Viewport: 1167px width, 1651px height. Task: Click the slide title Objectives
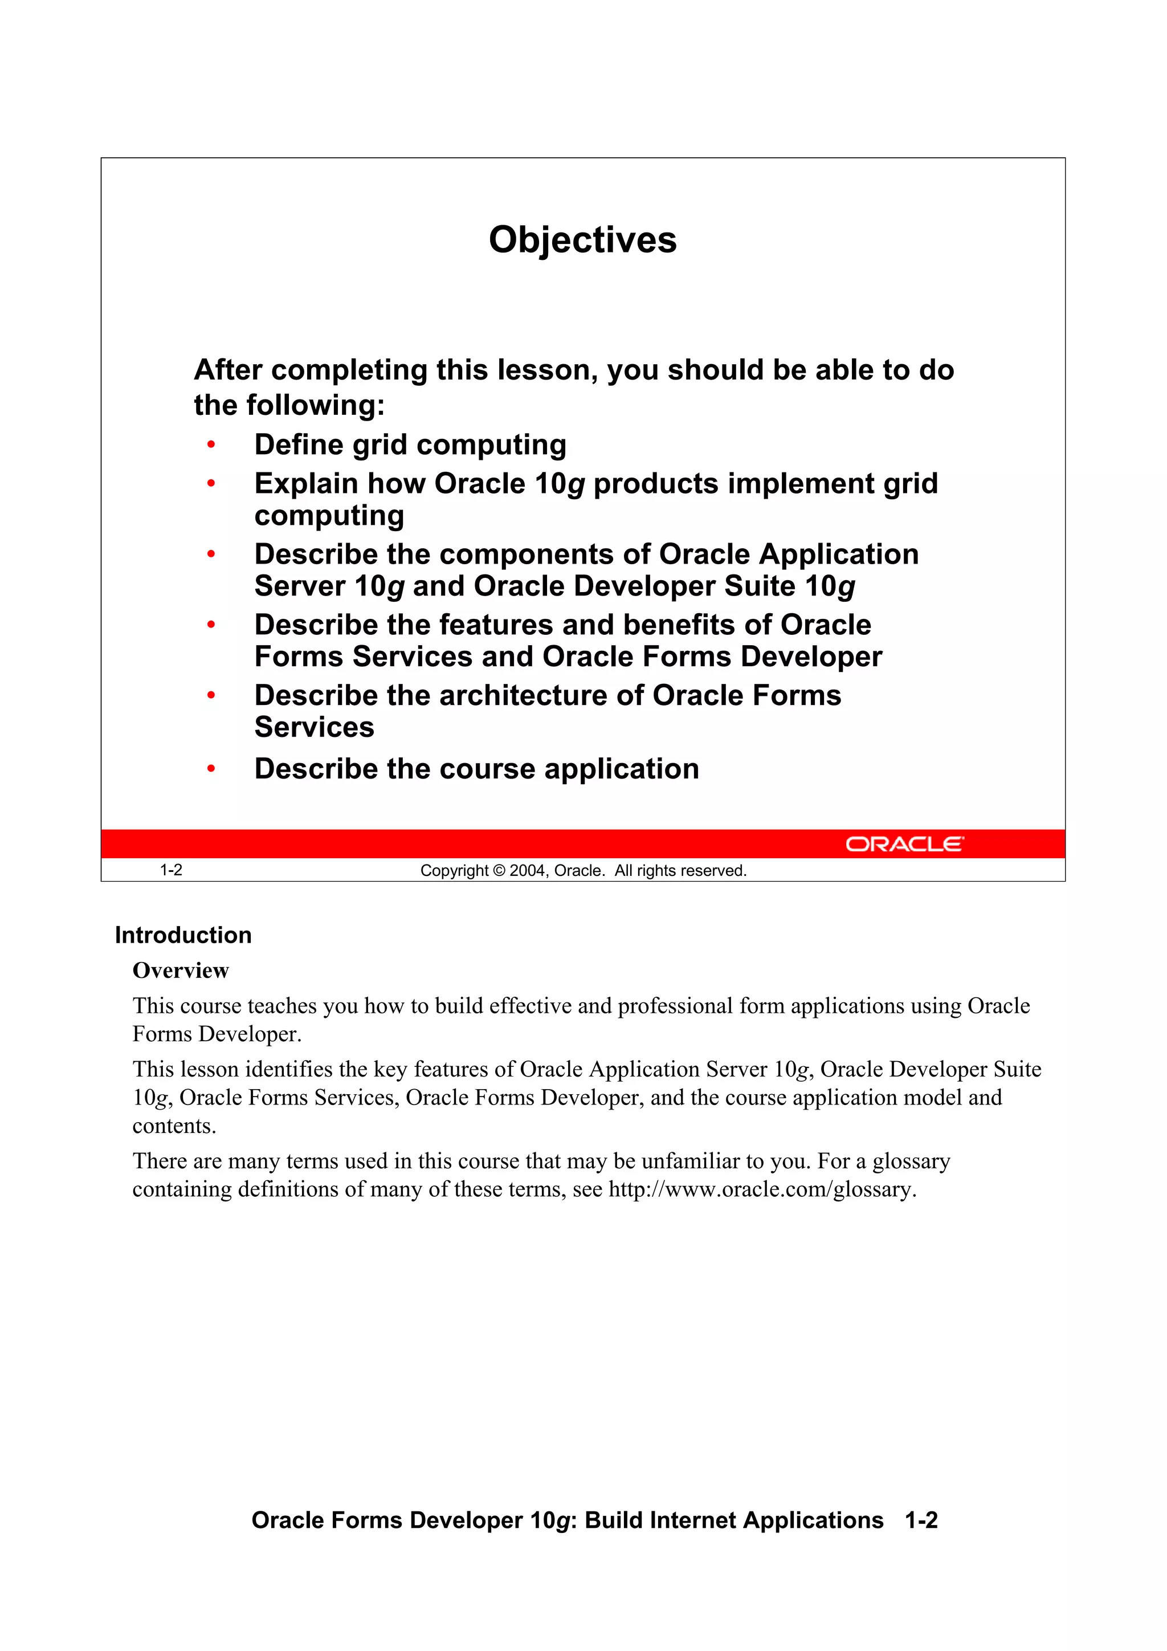[x=582, y=240]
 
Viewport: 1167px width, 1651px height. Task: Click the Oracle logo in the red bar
[x=904, y=843]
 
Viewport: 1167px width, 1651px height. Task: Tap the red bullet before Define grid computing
[x=211, y=445]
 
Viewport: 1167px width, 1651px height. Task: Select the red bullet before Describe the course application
[x=211, y=769]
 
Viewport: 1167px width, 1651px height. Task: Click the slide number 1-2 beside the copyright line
[x=170, y=870]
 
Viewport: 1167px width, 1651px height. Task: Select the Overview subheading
[x=181, y=971]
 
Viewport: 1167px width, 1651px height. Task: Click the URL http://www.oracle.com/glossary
[x=762, y=1189]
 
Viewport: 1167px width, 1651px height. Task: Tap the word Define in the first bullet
[x=299, y=445]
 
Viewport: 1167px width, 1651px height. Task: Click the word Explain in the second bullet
[x=305, y=484]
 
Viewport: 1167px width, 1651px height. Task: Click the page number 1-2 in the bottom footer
[x=921, y=1520]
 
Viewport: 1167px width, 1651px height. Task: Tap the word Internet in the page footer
[x=692, y=1520]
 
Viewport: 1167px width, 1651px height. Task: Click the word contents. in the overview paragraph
[x=174, y=1126]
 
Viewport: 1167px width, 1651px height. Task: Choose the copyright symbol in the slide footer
[x=499, y=871]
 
